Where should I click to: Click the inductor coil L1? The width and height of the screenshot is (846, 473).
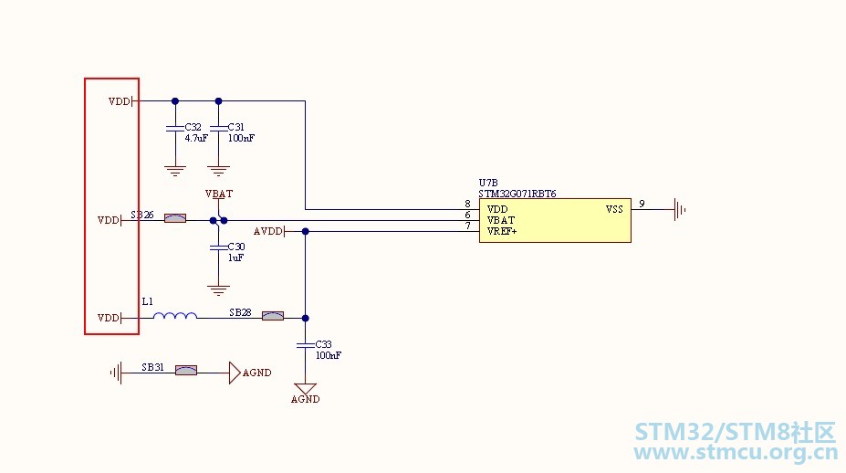(x=175, y=315)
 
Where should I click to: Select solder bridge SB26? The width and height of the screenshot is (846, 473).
(x=175, y=218)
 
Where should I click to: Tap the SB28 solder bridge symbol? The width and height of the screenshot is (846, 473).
(x=273, y=316)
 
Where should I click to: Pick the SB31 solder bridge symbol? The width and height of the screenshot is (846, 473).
(x=186, y=371)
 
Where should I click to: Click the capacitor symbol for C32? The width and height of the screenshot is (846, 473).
(x=175, y=128)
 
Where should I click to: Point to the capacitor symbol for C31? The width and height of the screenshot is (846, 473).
(x=218, y=128)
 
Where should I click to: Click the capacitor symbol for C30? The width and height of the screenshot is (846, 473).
(x=218, y=247)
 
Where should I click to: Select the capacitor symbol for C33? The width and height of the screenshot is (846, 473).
(x=306, y=344)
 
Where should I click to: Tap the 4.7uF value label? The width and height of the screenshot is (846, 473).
(x=196, y=138)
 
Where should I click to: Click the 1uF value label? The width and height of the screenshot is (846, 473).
(x=235, y=258)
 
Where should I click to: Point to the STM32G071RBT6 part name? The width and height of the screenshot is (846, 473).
(x=517, y=194)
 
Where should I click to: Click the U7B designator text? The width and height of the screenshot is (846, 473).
(x=488, y=183)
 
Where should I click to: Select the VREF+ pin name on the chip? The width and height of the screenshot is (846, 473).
(x=502, y=231)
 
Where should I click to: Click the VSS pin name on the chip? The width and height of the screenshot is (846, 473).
(x=614, y=209)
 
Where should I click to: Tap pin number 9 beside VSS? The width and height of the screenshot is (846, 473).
(x=642, y=204)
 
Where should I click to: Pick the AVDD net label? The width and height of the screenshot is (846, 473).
(x=268, y=231)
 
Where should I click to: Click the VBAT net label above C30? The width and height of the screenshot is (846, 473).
(x=219, y=194)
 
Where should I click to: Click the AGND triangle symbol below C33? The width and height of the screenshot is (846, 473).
(x=306, y=388)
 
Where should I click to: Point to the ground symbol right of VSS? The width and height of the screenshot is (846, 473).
(x=680, y=209)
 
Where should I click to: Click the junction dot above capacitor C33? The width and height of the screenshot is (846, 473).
(x=306, y=318)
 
